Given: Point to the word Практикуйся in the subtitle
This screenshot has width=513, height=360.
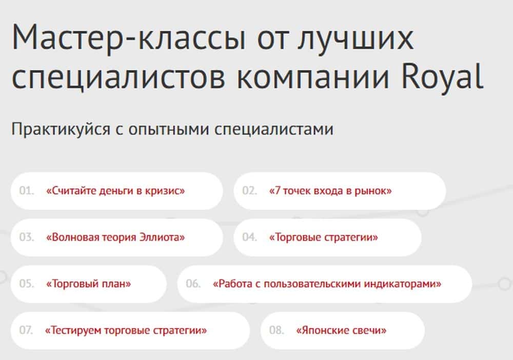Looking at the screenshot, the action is click(x=61, y=129).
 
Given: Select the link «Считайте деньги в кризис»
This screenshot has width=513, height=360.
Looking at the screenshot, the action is click(x=115, y=191).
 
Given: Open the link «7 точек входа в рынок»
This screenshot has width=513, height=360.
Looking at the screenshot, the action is click(x=330, y=191).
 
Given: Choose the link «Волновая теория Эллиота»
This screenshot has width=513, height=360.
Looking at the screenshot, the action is click(x=115, y=237).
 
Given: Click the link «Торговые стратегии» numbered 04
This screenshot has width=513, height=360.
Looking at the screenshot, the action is click(x=323, y=237).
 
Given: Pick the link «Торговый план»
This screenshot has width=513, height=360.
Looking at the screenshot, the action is click(x=88, y=284).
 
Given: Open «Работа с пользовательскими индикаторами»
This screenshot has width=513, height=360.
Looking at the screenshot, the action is click(x=327, y=284).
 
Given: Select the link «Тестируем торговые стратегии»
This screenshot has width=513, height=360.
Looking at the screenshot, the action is click(x=126, y=330).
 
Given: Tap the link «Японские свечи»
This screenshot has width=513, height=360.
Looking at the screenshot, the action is click(x=341, y=330).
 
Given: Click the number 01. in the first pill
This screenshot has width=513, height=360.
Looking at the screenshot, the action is click(x=27, y=191).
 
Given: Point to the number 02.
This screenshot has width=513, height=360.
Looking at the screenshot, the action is click(x=250, y=191).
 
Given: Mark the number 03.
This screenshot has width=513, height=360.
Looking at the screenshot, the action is click(x=27, y=237).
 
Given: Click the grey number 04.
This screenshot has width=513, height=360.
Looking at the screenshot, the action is click(x=250, y=237).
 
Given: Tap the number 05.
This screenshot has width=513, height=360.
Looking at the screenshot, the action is click(x=27, y=284).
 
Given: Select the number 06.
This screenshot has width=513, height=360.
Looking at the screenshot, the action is click(x=193, y=284).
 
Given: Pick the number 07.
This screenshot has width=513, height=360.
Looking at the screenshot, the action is click(x=26, y=330).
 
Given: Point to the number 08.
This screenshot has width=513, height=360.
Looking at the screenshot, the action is click(x=277, y=330).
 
